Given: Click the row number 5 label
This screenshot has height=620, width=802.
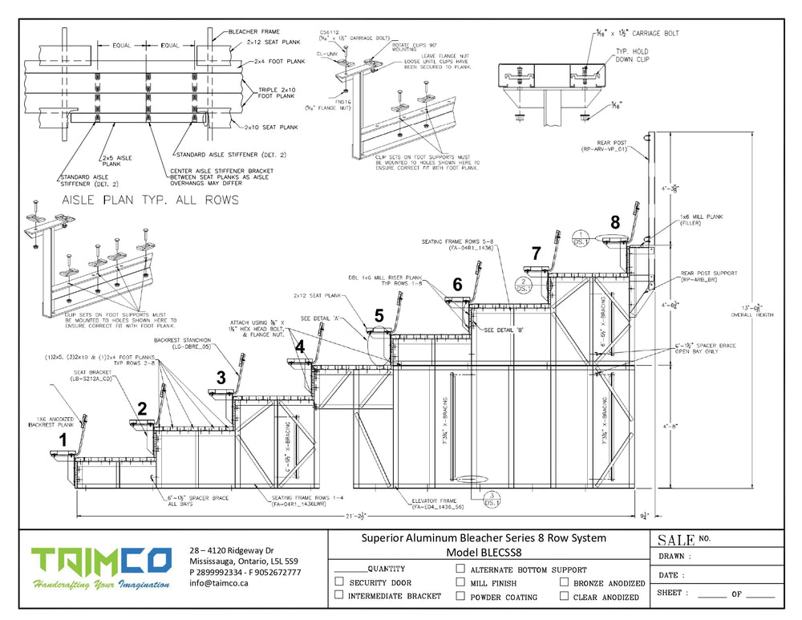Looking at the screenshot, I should point(379,316).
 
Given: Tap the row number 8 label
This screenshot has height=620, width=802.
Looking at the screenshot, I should point(615,222).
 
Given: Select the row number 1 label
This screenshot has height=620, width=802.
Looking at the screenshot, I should point(63,439).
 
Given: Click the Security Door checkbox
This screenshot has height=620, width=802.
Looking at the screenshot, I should point(339,582).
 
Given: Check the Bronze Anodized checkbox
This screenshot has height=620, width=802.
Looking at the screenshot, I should point(565,582).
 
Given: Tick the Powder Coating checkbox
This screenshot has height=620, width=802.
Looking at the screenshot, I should point(460,596).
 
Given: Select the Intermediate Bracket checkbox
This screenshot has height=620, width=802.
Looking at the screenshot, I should point(339,595).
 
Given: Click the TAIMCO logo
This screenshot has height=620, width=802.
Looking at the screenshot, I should point(101,567).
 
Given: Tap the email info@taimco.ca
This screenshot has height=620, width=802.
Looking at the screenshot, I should point(219,584).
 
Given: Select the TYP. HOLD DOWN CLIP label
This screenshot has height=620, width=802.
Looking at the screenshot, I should point(634,55).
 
